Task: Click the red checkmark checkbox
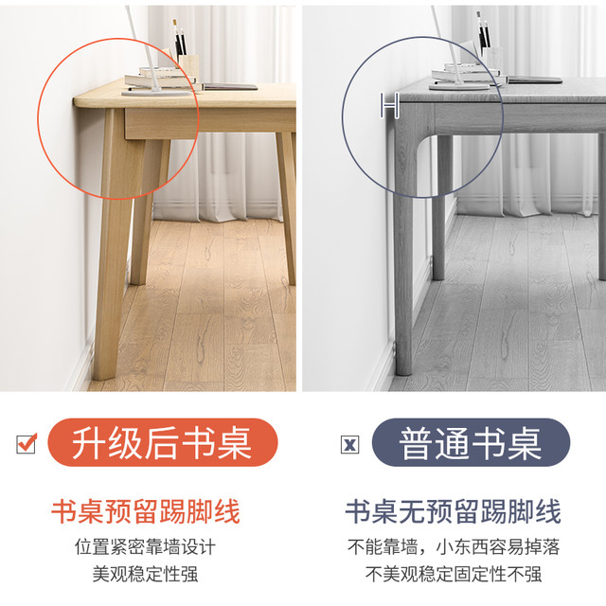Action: click(27, 443)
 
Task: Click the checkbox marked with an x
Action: click(349, 444)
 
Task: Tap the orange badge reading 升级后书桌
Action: click(162, 442)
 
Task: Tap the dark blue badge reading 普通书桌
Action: click(471, 442)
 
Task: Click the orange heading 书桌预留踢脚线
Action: click(146, 511)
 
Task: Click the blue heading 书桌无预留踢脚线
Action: click(453, 511)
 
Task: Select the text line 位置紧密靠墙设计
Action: click(145, 547)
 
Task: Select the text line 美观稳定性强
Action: click(145, 574)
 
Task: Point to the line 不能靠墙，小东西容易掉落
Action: click(454, 547)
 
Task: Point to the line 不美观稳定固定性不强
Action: click(454, 574)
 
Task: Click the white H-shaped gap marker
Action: click(389, 105)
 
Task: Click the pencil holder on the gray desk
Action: click(492, 61)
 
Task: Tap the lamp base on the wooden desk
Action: click(156, 92)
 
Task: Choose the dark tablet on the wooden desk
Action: click(231, 86)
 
